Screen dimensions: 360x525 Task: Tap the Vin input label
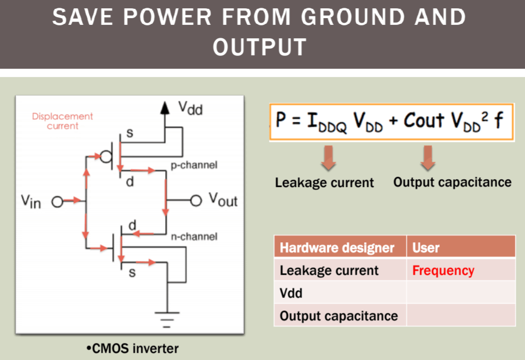(31, 201)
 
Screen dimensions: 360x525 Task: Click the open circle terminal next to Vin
(57, 201)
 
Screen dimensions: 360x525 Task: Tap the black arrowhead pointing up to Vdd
(165, 107)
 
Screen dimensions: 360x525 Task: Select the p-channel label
(194, 165)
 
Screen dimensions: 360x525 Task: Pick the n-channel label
(194, 237)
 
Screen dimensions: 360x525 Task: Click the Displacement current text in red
(62, 121)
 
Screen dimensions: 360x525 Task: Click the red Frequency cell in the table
(443, 271)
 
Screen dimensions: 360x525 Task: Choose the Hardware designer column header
(337, 248)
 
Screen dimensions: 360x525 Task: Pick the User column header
(426, 248)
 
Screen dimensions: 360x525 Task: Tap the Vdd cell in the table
(291, 293)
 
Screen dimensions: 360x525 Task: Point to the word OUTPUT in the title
(260, 48)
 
